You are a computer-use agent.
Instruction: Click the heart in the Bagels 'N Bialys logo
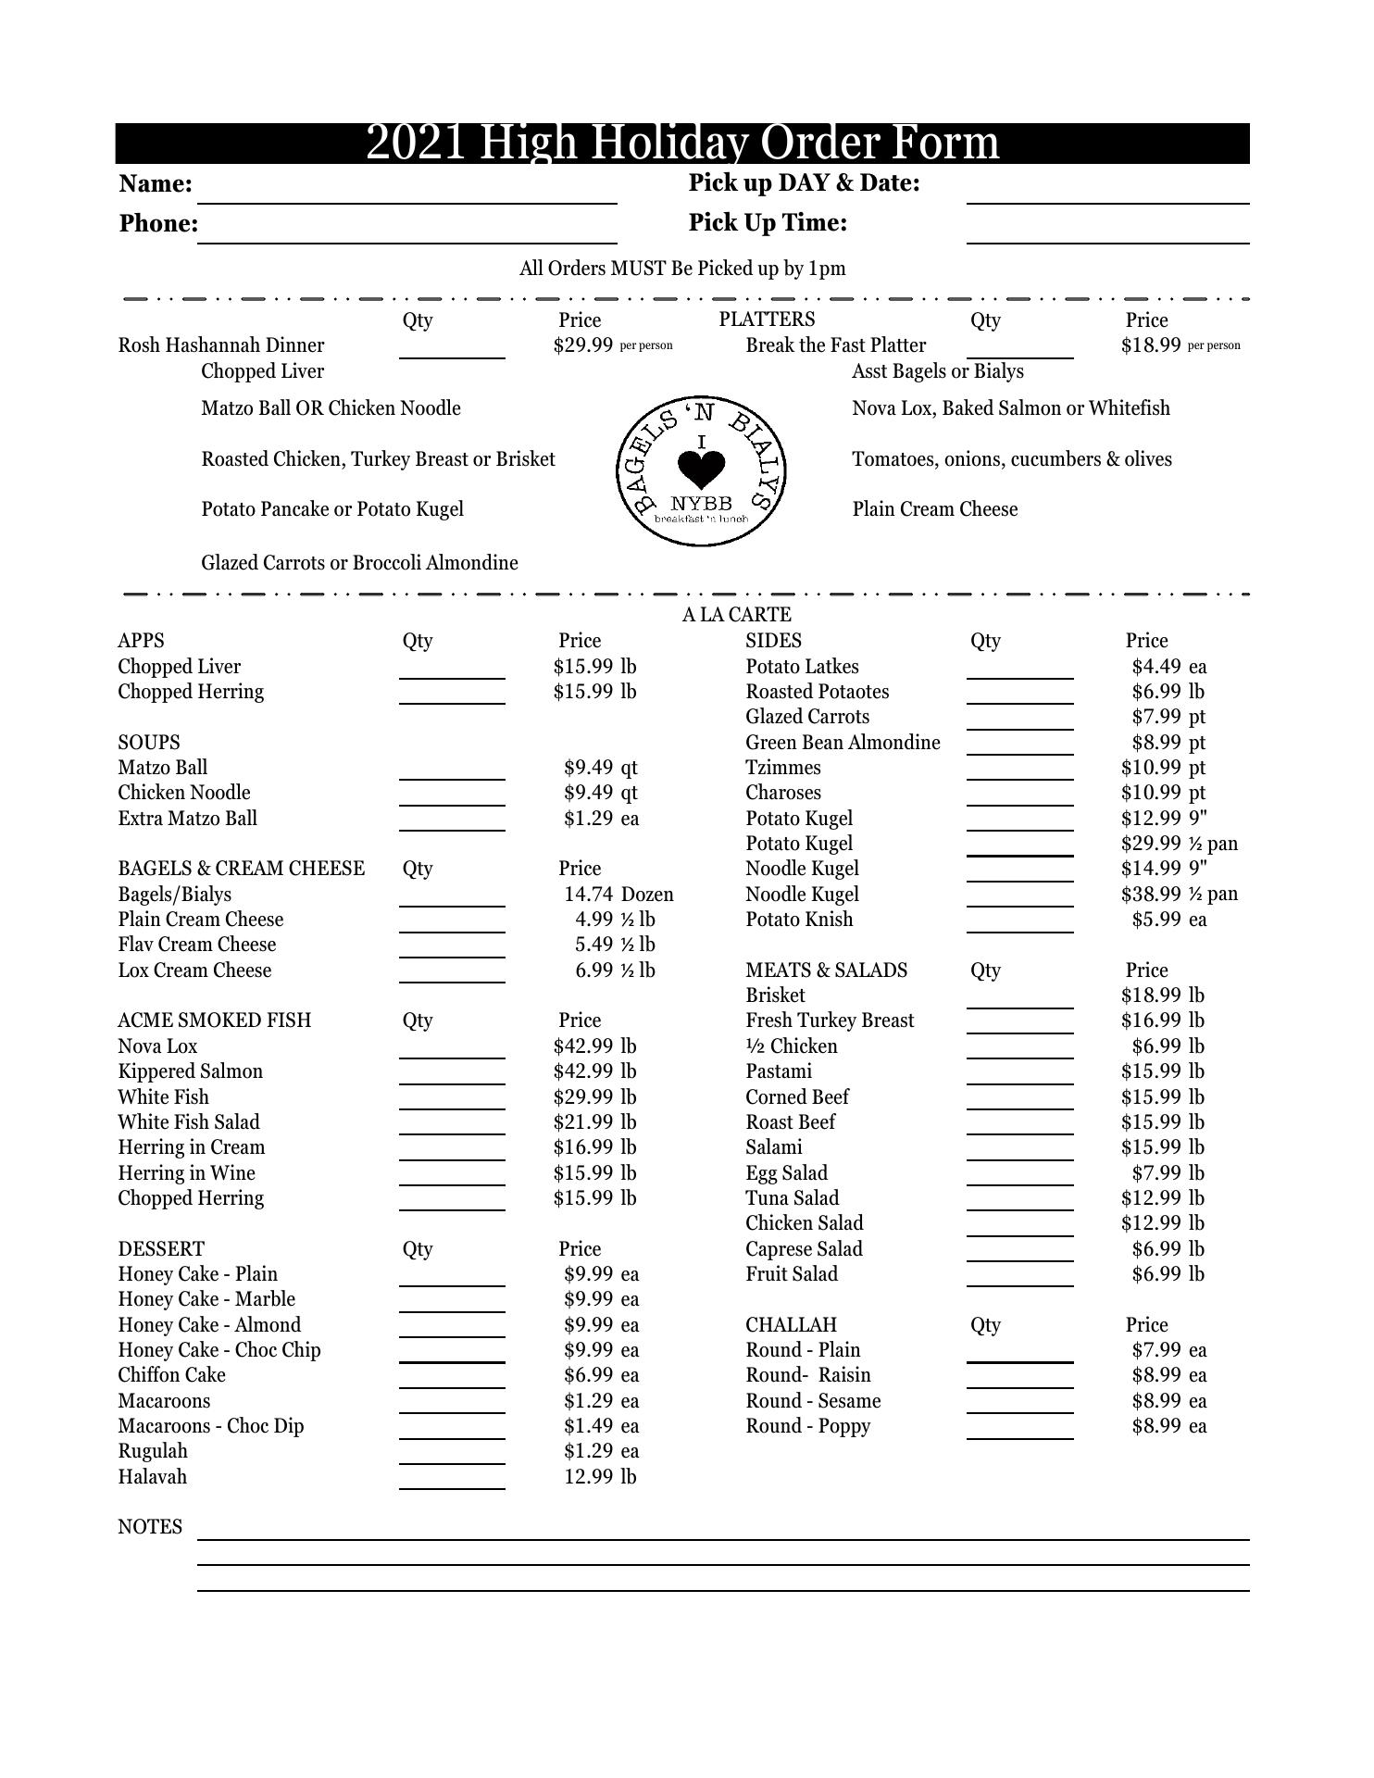(701, 470)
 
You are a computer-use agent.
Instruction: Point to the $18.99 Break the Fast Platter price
(1150, 345)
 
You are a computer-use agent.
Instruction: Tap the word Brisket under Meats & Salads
(775, 995)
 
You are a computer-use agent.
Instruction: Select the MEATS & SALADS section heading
(826, 970)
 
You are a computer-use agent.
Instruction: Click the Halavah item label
(152, 1477)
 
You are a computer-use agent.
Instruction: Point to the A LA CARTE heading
(736, 615)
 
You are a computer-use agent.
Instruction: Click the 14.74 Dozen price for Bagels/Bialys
(618, 895)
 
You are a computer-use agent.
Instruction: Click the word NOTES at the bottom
(150, 1527)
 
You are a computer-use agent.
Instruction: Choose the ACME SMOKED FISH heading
(214, 1020)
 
